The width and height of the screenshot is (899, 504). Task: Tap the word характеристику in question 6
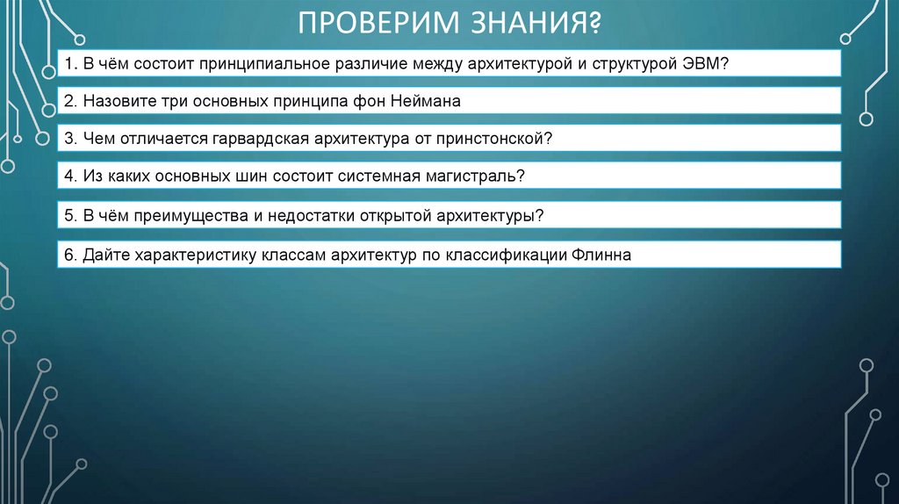pos(190,255)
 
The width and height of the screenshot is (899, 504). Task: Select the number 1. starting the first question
pos(70,64)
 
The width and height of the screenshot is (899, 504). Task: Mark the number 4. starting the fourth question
pos(70,176)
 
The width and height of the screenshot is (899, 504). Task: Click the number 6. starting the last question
pos(70,255)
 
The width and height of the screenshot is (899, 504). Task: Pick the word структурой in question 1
pos(630,64)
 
